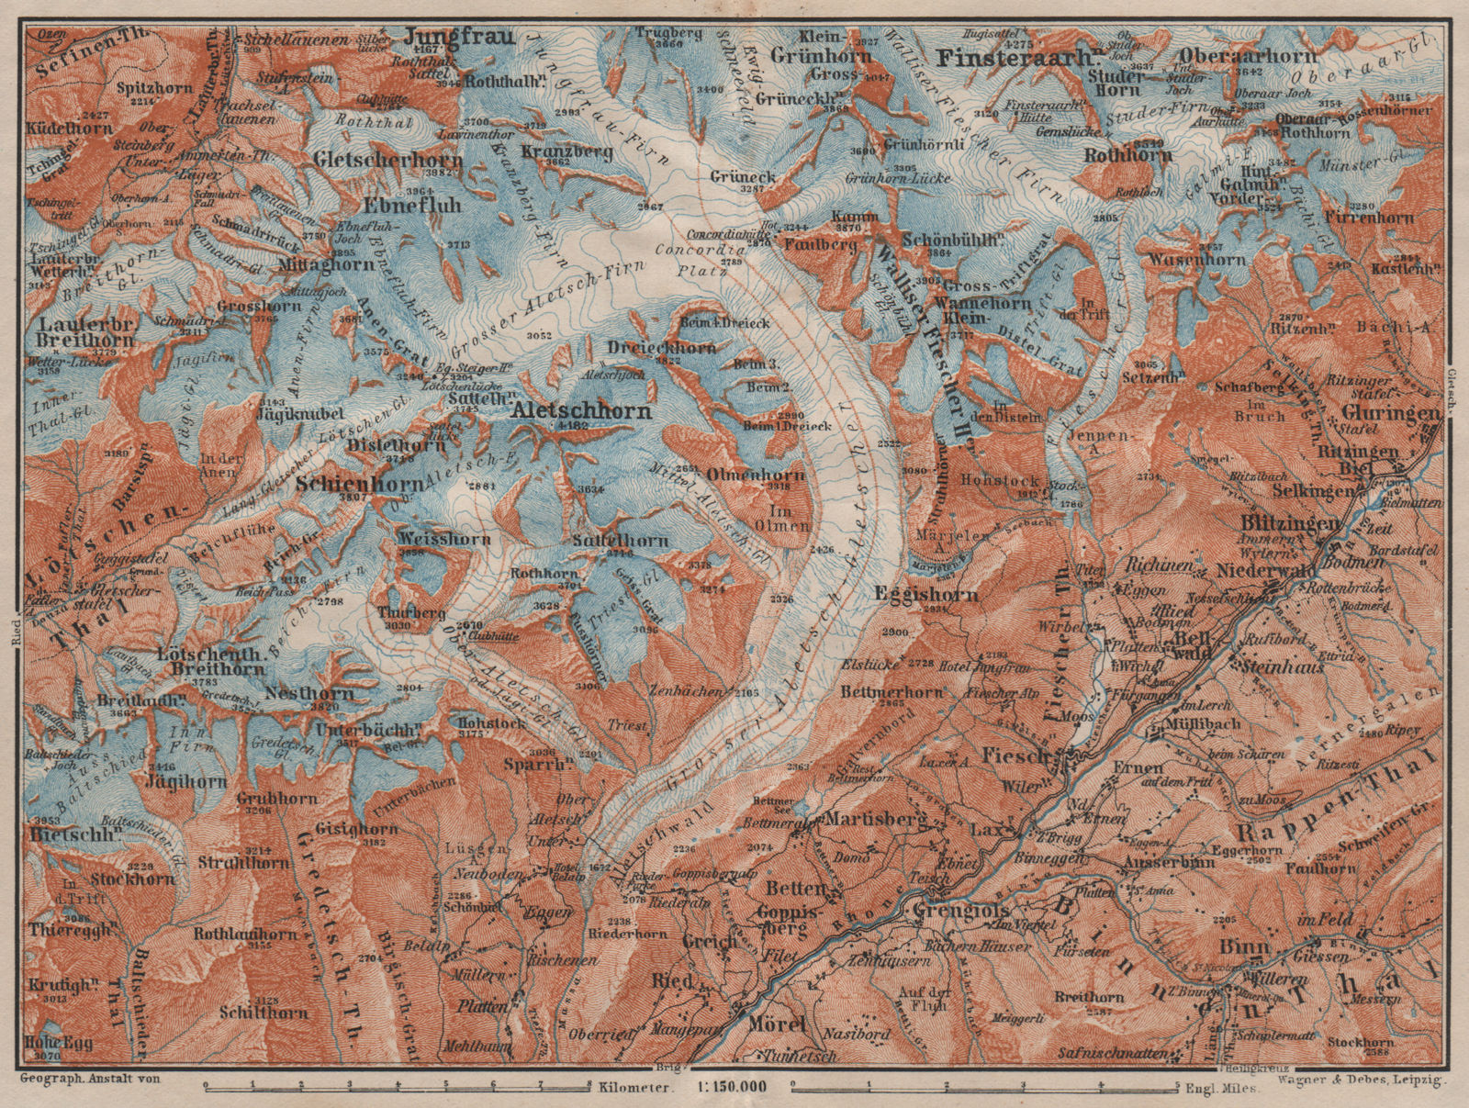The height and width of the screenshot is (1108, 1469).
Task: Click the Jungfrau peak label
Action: [x=454, y=35]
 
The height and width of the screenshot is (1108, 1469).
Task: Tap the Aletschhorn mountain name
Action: [x=582, y=411]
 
